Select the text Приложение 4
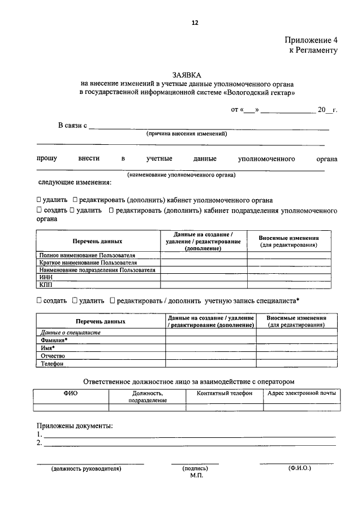(x=311, y=40)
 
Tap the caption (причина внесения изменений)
(x=187, y=134)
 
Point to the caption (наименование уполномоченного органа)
(x=181, y=175)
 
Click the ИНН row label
(x=45, y=277)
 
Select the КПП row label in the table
(x=46, y=285)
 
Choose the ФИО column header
(x=71, y=393)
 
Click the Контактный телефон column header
(x=225, y=393)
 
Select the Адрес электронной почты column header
(x=301, y=393)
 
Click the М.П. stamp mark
(x=196, y=476)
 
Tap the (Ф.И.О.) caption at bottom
(x=299, y=468)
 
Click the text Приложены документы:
(x=75, y=425)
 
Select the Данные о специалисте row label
(x=71, y=332)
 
